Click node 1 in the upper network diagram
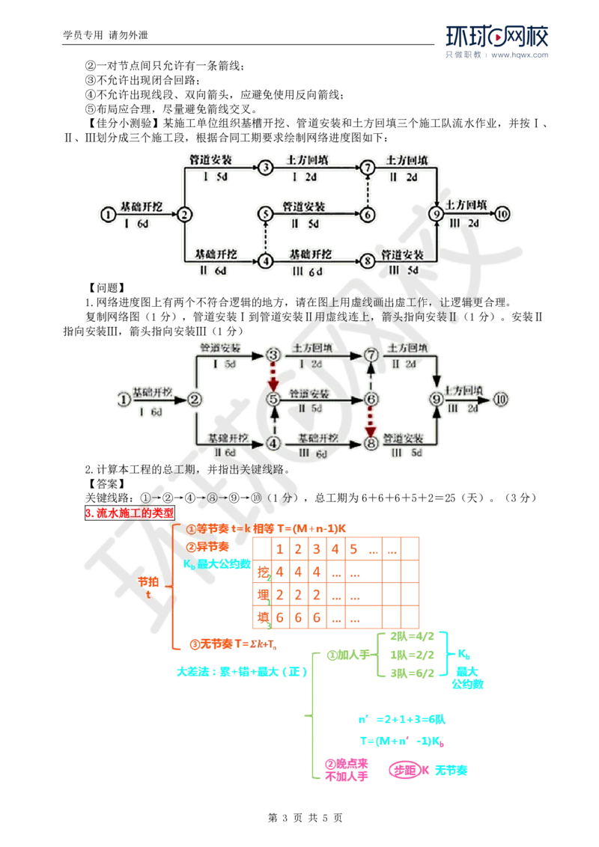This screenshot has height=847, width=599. (x=109, y=214)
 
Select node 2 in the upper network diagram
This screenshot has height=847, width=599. (x=183, y=214)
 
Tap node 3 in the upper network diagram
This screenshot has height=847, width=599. (x=264, y=168)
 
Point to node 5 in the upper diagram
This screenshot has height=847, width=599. (x=264, y=214)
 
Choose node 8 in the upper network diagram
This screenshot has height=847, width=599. (x=366, y=261)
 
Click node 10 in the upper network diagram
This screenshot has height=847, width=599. (x=502, y=214)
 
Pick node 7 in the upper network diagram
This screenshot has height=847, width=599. (x=366, y=168)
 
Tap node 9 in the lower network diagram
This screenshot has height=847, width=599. (x=437, y=399)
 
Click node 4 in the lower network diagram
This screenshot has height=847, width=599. (x=273, y=443)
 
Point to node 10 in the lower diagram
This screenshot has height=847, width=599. (x=501, y=399)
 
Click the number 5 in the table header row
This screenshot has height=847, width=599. (x=353, y=548)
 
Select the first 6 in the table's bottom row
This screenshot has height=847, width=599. (x=279, y=619)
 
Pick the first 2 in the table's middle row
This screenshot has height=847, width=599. (x=279, y=595)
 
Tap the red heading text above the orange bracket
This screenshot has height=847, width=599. (x=130, y=513)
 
